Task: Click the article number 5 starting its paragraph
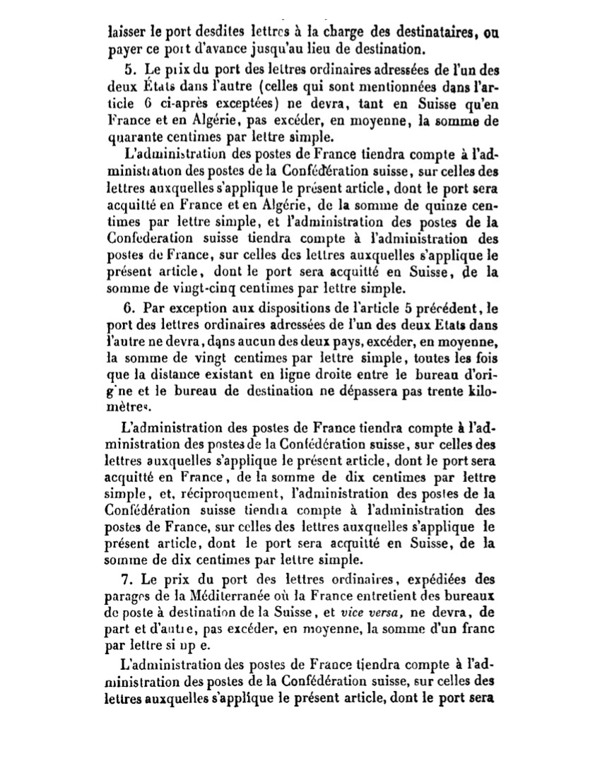(129, 71)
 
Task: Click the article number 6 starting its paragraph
(129, 307)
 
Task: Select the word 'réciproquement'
(237, 493)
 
